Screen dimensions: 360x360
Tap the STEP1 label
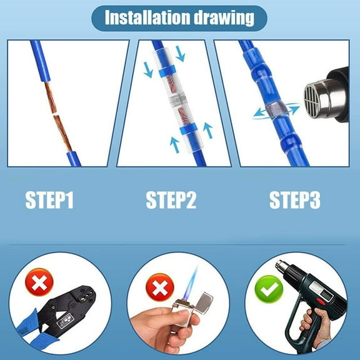[x=49, y=201]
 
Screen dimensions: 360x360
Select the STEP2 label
[x=171, y=201]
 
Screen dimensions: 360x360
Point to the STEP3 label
[x=294, y=201]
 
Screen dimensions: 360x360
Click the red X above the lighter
[x=160, y=289]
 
